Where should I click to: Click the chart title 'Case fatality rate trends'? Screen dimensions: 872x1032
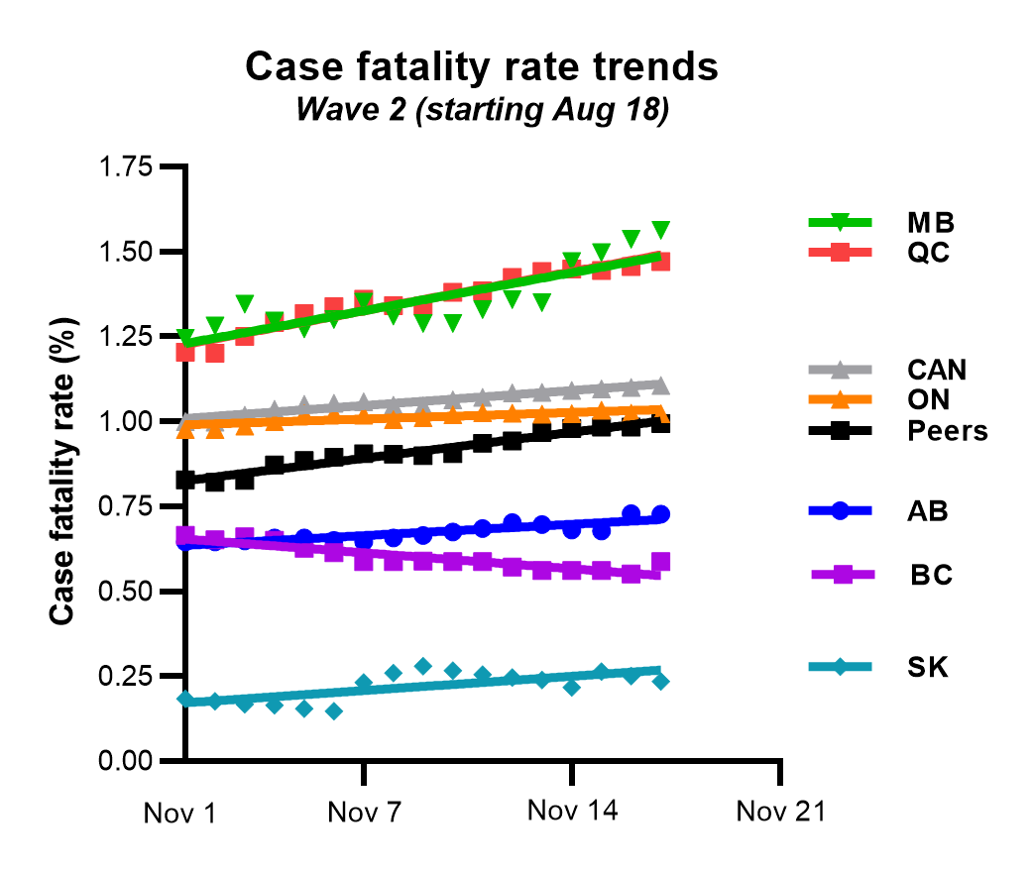pyautogui.click(x=481, y=68)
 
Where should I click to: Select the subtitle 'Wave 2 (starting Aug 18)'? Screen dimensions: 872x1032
pyautogui.click(x=483, y=110)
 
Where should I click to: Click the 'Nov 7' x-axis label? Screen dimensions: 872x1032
pyautogui.click(x=366, y=814)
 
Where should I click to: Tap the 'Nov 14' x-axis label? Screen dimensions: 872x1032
pyautogui.click(x=572, y=812)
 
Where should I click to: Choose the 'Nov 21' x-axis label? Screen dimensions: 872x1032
pyautogui.click(x=781, y=812)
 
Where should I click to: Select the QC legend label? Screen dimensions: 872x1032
pyautogui.click(x=927, y=252)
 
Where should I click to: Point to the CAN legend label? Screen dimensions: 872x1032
pyautogui.click(x=936, y=371)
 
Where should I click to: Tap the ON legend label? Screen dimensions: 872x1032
pyautogui.click(x=927, y=399)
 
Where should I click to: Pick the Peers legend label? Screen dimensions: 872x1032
pyautogui.click(x=947, y=431)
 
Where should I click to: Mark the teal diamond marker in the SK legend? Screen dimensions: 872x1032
pyautogui.click(x=840, y=667)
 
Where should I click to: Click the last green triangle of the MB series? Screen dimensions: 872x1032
pyautogui.click(x=661, y=230)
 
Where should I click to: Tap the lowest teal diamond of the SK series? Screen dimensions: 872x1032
pyautogui.click(x=334, y=711)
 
